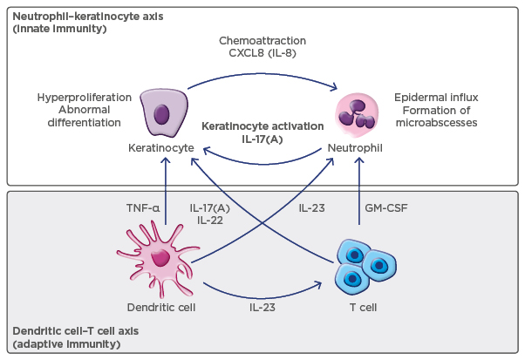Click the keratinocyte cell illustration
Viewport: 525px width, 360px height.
(163, 112)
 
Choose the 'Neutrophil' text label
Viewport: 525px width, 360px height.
(359, 149)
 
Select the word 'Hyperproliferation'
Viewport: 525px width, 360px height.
(84, 97)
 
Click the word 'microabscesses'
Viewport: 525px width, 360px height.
(436, 123)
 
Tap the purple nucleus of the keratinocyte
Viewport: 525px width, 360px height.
(161, 114)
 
